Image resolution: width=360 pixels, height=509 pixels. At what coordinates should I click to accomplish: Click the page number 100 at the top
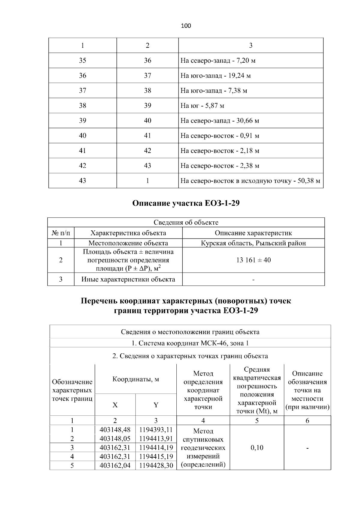click(186, 26)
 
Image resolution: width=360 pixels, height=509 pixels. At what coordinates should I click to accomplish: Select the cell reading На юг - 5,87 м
click(202, 106)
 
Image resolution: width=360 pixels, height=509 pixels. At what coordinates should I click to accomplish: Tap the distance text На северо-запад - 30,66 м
click(220, 121)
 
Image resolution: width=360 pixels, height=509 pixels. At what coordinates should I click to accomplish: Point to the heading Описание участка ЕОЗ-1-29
click(186, 203)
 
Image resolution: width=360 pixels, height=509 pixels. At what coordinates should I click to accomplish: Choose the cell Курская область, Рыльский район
click(253, 243)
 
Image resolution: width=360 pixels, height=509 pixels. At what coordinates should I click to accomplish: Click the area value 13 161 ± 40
click(253, 260)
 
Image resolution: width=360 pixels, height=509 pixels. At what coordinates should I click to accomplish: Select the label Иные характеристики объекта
click(128, 279)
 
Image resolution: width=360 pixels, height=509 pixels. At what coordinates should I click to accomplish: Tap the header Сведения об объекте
click(186, 222)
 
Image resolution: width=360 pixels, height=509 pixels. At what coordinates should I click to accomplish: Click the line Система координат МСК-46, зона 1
click(190, 343)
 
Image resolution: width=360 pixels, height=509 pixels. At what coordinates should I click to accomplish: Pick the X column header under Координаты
click(115, 405)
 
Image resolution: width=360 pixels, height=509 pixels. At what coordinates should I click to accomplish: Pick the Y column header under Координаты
click(156, 405)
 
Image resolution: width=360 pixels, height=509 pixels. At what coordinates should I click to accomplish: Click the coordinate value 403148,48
click(115, 430)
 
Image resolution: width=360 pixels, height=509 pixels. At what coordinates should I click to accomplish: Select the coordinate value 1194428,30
click(156, 466)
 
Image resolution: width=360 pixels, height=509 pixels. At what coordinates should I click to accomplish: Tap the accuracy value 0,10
click(257, 448)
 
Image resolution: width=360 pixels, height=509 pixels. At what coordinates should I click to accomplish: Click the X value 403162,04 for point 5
click(115, 466)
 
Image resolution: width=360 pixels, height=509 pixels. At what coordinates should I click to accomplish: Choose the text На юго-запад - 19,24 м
click(215, 76)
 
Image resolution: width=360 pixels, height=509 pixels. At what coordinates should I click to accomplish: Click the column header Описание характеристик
click(253, 233)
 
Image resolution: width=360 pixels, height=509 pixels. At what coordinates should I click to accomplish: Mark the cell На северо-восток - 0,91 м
click(220, 136)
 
